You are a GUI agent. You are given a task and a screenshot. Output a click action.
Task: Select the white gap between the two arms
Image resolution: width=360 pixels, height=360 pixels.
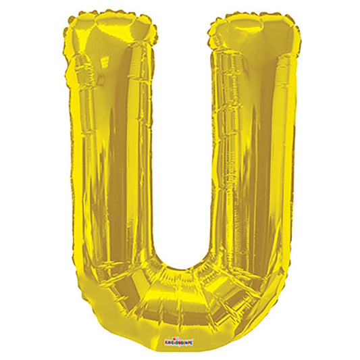[181, 135]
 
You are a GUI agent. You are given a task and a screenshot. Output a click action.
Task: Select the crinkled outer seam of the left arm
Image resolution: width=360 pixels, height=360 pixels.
[68, 169]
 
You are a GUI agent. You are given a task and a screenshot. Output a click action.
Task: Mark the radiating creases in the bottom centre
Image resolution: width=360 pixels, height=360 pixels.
[181, 284]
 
